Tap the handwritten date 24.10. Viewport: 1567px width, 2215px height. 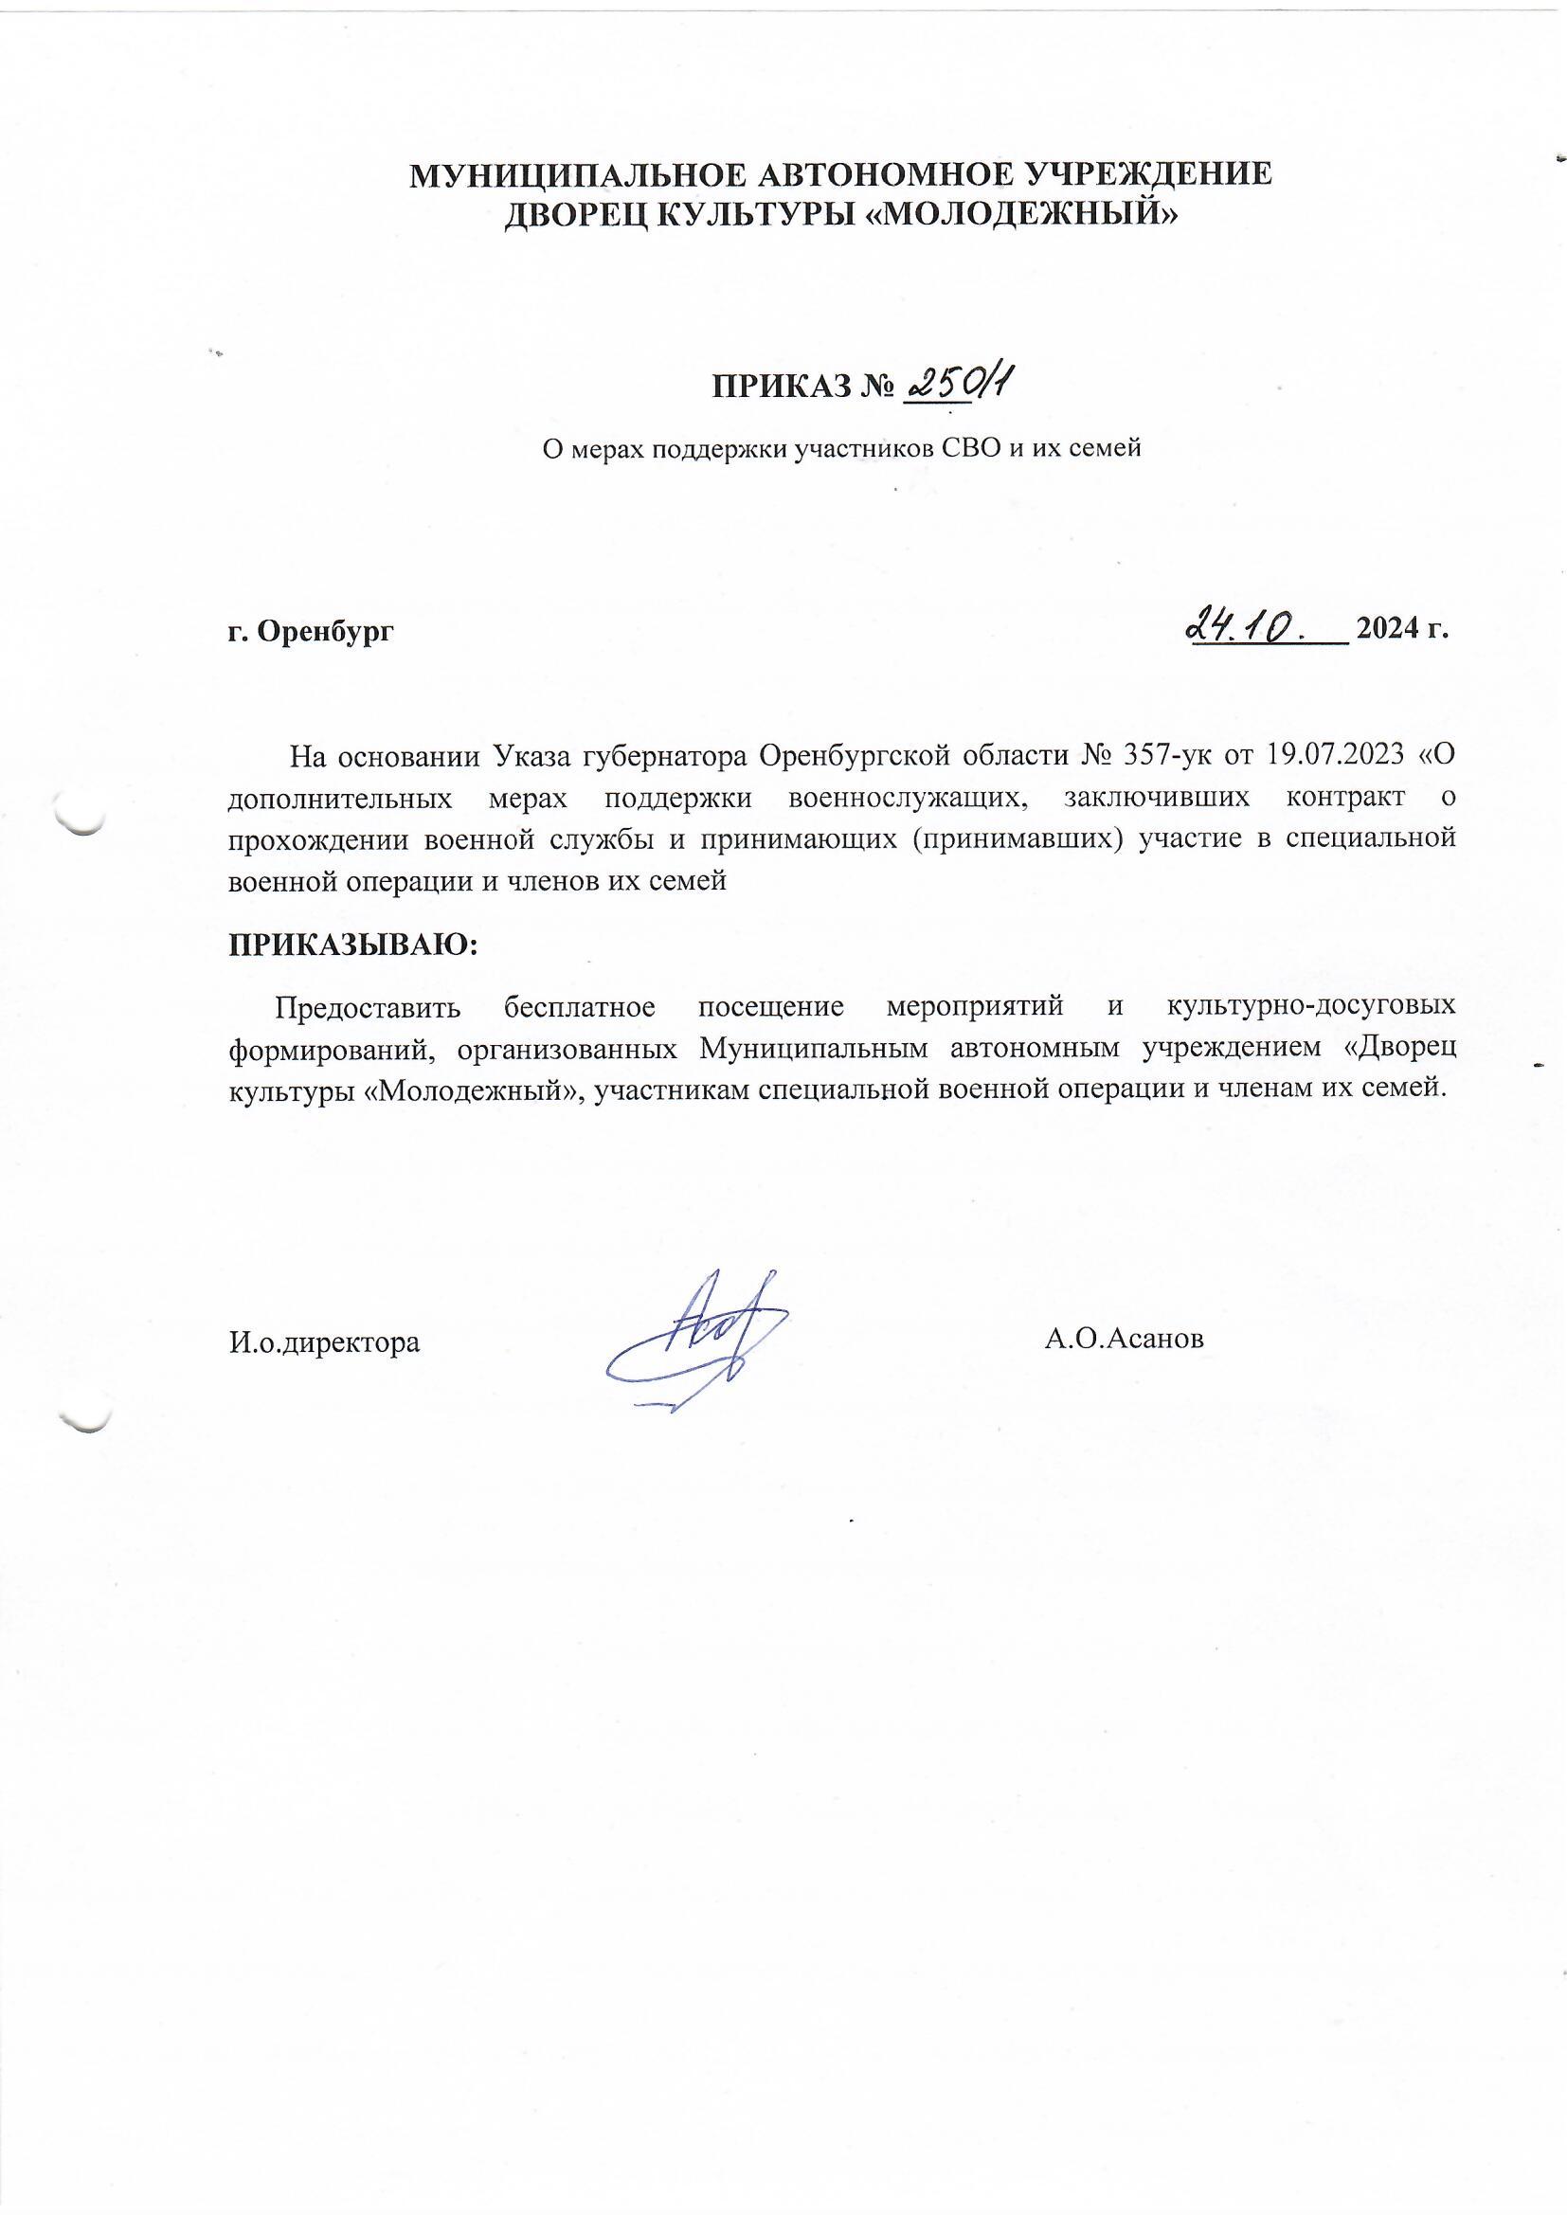[x=1245, y=628]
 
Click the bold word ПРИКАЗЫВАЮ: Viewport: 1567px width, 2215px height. [x=353, y=942]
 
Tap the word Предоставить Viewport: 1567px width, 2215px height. [x=369, y=1006]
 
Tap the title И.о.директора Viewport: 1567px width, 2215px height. [x=324, y=1342]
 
